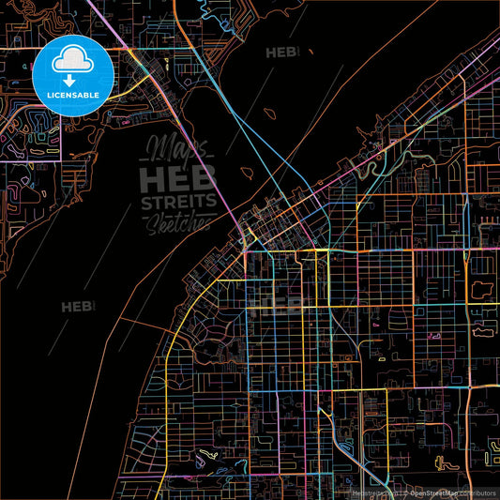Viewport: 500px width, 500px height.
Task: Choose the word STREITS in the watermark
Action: [x=178, y=202]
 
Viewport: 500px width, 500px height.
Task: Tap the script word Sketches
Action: [x=183, y=221]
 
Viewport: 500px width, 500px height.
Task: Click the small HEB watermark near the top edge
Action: [x=282, y=53]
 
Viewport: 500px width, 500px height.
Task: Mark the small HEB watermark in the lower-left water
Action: [x=78, y=306]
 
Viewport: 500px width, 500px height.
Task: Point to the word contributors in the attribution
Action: [x=474, y=492]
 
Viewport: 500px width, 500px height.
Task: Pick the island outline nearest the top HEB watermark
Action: [x=270, y=114]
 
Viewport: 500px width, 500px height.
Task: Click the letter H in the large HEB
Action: [x=152, y=178]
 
